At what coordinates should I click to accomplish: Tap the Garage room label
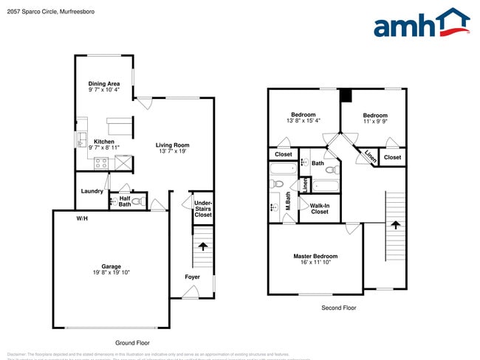(x=112, y=266)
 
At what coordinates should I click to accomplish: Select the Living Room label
(x=173, y=145)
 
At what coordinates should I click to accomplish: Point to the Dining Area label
(x=104, y=83)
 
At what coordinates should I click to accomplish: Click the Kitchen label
(x=103, y=142)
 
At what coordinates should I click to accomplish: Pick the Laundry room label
(x=92, y=191)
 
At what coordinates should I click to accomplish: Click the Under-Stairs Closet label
(x=202, y=208)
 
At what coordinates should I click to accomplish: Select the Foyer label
(x=192, y=277)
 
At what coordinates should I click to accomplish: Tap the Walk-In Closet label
(x=319, y=209)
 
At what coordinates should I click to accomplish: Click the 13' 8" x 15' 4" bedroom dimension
(x=304, y=121)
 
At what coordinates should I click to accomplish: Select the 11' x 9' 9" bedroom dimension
(x=375, y=122)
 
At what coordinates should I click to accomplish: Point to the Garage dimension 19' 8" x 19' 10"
(x=112, y=273)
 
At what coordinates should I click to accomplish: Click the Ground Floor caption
(x=132, y=343)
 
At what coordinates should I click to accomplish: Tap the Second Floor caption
(x=339, y=308)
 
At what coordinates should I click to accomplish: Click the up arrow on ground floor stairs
(x=203, y=247)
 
